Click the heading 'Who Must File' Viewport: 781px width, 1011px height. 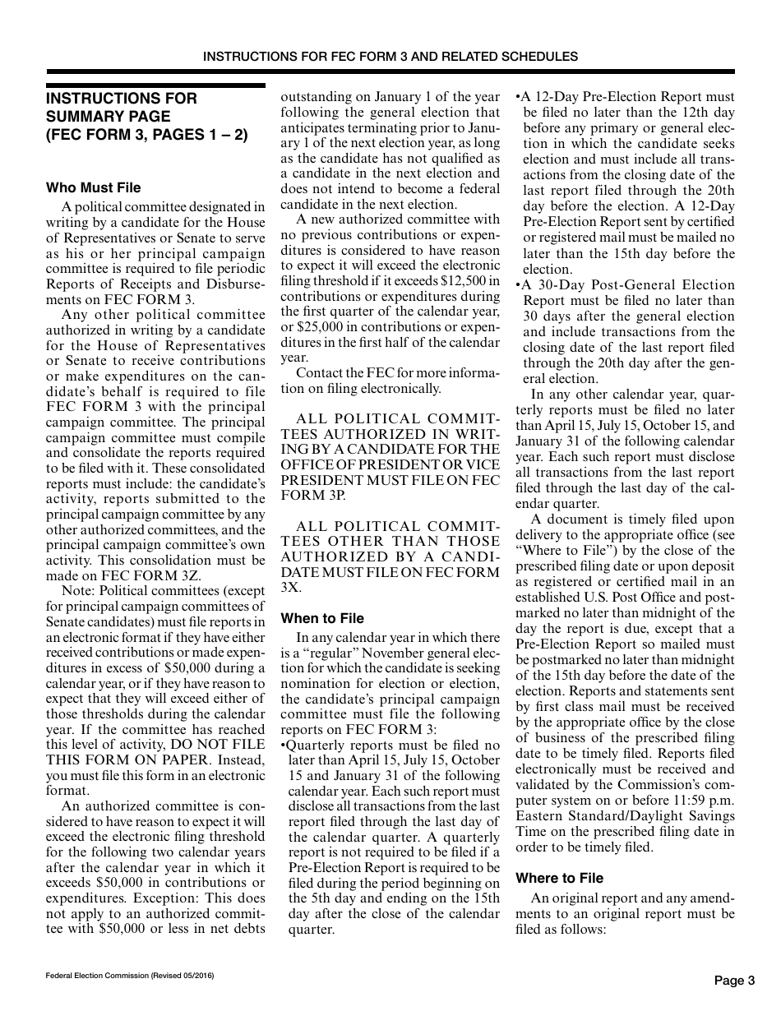[x=93, y=188]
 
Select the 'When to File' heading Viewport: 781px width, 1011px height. [x=322, y=618]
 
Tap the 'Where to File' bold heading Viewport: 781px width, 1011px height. [x=559, y=878]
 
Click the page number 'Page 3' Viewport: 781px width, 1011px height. [x=733, y=980]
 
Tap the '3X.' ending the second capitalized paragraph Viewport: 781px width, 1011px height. [x=291, y=588]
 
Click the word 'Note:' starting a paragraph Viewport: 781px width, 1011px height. [x=77, y=591]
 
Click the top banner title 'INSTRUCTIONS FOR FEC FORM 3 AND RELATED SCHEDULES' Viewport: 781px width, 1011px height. [x=390, y=57]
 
